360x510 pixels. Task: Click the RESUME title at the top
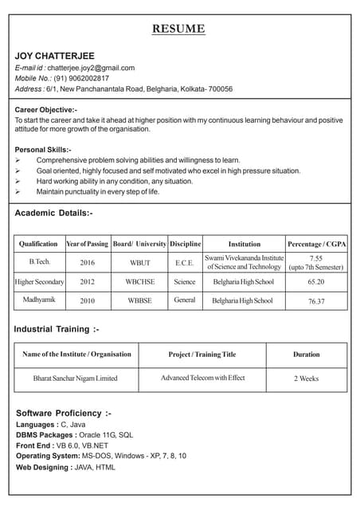tap(178, 29)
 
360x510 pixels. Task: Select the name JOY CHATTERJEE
tap(53, 55)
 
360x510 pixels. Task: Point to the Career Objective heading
tap(46, 109)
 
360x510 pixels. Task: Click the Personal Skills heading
tap(43, 150)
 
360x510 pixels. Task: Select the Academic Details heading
tap(53, 213)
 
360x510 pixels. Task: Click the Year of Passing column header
tap(87, 243)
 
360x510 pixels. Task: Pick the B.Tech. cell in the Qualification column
tap(39, 261)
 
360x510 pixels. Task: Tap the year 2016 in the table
tap(87, 262)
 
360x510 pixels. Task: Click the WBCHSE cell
tap(139, 282)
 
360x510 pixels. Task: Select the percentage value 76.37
tap(315, 302)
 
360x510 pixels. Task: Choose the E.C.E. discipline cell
tap(184, 262)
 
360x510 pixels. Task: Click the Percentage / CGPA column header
tap(315, 243)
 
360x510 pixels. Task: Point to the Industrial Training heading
tap(56, 328)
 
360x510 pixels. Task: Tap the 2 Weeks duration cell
tap(306, 379)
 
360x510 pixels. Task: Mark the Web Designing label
tap(43, 467)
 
